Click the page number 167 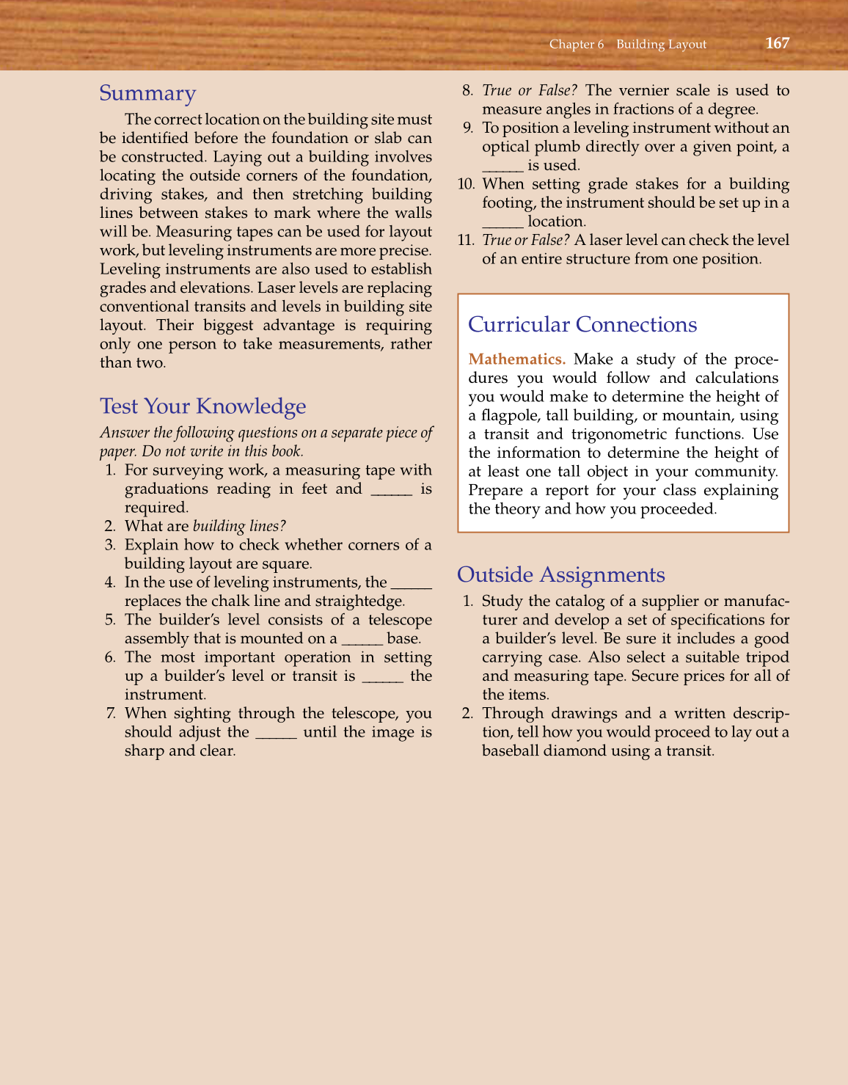[777, 43]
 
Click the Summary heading [147, 93]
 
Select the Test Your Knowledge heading [202, 406]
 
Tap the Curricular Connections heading [582, 325]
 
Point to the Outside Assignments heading [560, 574]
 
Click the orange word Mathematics [516, 359]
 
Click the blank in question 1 [392, 490]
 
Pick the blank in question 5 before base [362, 640]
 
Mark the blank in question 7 [276, 733]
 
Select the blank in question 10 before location [502, 222]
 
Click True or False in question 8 [529, 91]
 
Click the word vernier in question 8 [645, 91]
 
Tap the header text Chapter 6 [576, 44]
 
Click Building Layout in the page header [661, 44]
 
